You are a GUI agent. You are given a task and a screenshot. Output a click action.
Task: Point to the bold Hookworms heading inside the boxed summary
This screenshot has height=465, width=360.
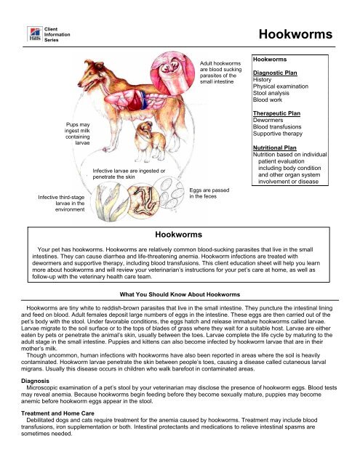(180, 235)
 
